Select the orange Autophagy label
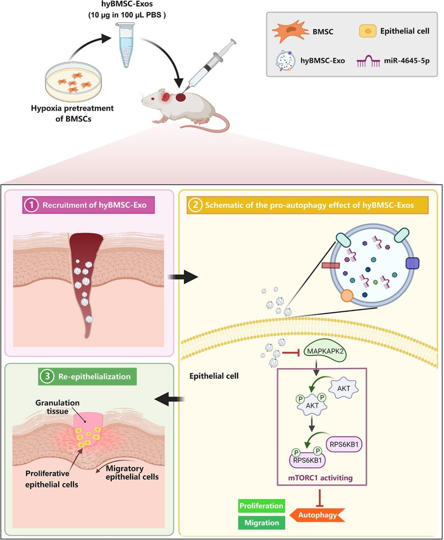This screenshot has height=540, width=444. pos(318,515)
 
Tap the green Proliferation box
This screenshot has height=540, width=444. pos(261,506)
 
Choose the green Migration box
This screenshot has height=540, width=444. pos(262,523)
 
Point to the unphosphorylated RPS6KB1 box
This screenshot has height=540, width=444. pos(344,444)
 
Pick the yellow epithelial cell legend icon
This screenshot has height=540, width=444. pos(368,31)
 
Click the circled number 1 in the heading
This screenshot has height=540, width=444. pos(31,205)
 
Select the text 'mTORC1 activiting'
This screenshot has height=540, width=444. pos(320,478)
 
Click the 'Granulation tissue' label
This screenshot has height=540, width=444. pos(57,407)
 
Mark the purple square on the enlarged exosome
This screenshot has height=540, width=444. pos(413,263)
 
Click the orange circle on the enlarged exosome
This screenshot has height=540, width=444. pos(347,296)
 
